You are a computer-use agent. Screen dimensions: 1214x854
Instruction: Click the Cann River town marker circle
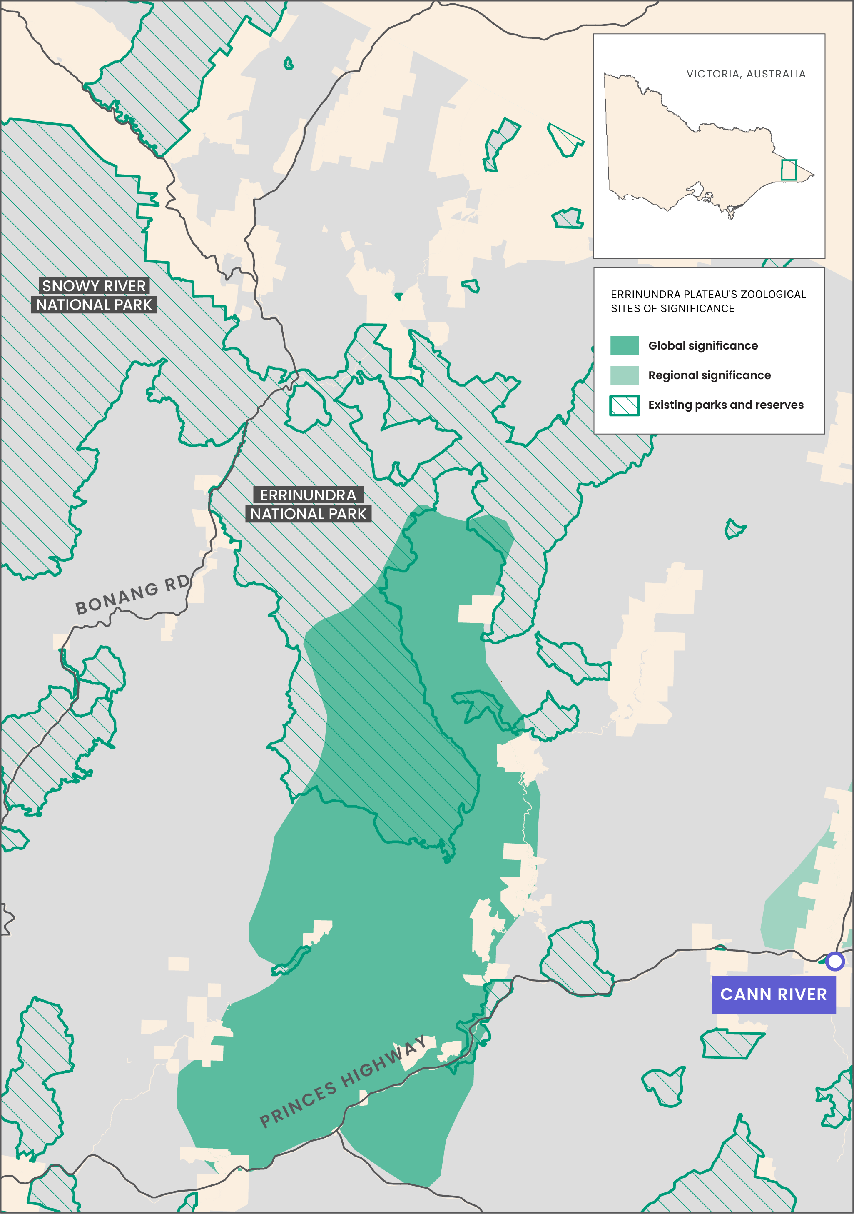click(834, 961)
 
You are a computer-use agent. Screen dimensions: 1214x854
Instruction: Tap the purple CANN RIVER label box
click(773, 994)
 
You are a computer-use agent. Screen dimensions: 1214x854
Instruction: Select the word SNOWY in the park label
click(67, 286)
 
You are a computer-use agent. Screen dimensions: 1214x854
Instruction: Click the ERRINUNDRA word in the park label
click(308, 495)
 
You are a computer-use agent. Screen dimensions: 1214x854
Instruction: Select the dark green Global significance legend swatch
click(624, 345)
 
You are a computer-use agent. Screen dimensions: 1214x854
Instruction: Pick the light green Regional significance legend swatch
click(624, 375)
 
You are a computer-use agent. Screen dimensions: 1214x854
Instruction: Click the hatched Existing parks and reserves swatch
click(624, 405)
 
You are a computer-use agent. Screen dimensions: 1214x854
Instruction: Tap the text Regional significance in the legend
click(709, 375)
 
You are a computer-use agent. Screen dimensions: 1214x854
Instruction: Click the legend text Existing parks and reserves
click(726, 405)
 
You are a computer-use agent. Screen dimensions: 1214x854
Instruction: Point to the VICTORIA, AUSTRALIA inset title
click(746, 74)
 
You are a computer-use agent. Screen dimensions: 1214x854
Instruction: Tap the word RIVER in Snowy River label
click(125, 286)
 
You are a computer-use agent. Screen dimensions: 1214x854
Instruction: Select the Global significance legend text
click(703, 345)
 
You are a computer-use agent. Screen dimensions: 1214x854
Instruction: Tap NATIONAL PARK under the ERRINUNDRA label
click(308, 514)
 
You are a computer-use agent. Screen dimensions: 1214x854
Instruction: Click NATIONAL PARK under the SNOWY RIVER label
click(94, 305)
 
